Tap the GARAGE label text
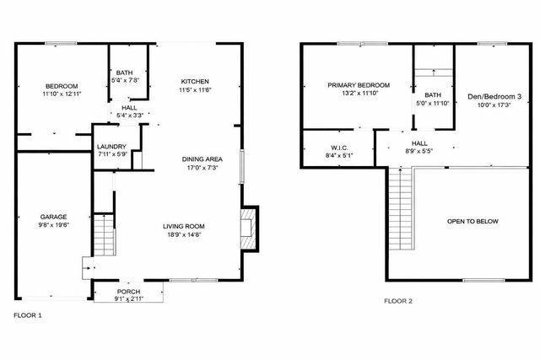coord(53,217)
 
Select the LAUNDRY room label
coord(111,147)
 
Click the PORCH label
coord(129,291)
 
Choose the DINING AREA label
coord(202,159)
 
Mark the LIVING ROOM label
coord(184,226)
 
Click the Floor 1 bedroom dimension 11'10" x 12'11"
coord(61,94)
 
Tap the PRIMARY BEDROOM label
coord(359,85)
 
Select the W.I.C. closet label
coord(339,148)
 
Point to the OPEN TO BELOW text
coord(472,221)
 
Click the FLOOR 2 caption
coord(398,301)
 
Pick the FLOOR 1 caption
coord(28,314)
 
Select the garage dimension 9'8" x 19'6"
coord(53,225)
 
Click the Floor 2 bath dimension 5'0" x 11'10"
coord(434,104)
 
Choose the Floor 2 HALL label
coord(418,143)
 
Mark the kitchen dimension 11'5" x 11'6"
coord(193,89)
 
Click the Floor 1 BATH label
coord(125,73)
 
